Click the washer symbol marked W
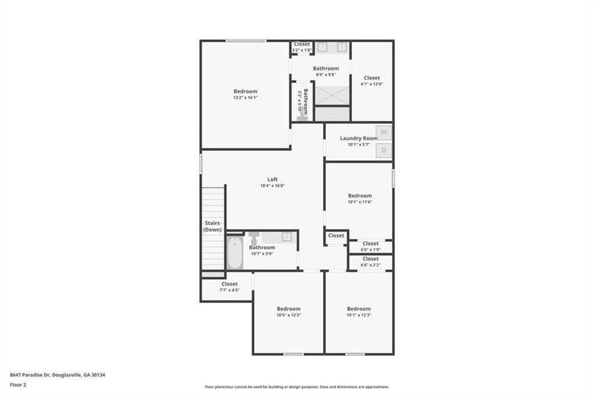[384, 132]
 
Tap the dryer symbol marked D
[384, 151]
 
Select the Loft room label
[272, 179]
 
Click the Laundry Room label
[359, 138]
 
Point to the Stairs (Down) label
[212, 226]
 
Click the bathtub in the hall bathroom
[235, 253]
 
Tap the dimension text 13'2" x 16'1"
[245, 97]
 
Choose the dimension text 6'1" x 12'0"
[372, 84]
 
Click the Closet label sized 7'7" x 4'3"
[229, 284]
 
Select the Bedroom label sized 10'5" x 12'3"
[288, 309]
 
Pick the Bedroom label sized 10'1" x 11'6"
[360, 196]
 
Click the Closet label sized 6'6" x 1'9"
[371, 244]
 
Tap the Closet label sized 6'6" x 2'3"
[371, 259]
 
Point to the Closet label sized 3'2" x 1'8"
[301, 44]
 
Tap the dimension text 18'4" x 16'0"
[272, 186]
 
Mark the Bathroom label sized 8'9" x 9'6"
[326, 68]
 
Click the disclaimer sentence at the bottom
[297, 387]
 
